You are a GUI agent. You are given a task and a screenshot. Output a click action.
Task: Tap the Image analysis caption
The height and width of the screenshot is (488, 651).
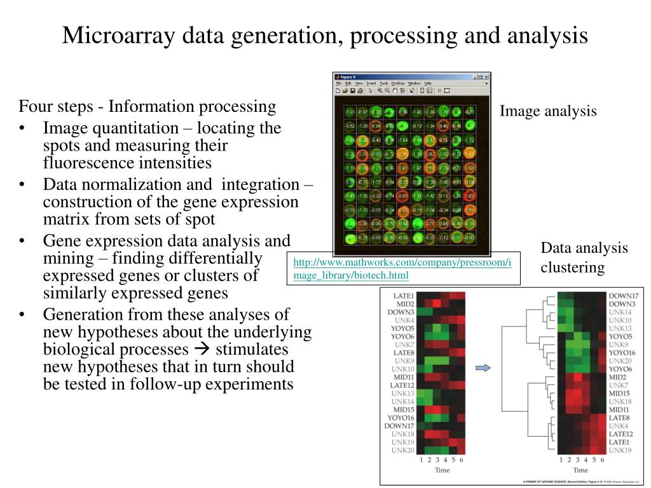point(548,111)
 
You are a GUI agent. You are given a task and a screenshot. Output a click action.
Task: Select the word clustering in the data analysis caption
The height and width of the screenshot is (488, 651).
point(573,268)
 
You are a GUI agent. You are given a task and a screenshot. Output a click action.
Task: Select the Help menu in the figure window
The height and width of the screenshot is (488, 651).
point(428,83)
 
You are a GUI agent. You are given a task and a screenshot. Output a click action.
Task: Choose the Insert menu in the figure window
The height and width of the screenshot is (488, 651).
point(371,83)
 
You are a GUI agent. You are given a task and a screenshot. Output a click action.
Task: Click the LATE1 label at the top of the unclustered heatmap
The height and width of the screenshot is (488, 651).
point(404,296)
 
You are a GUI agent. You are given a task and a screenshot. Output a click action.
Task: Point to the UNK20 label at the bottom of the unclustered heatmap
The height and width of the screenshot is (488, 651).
point(403,450)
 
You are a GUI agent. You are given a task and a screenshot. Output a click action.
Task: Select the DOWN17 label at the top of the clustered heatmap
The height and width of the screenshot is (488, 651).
point(623,296)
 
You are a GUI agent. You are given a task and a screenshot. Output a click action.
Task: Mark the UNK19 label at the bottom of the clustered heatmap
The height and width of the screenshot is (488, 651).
point(620,450)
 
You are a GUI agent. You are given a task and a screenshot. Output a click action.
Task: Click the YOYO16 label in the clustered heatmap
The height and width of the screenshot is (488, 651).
point(622,353)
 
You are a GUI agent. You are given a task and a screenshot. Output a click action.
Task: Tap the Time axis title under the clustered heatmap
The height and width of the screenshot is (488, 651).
point(580,470)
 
